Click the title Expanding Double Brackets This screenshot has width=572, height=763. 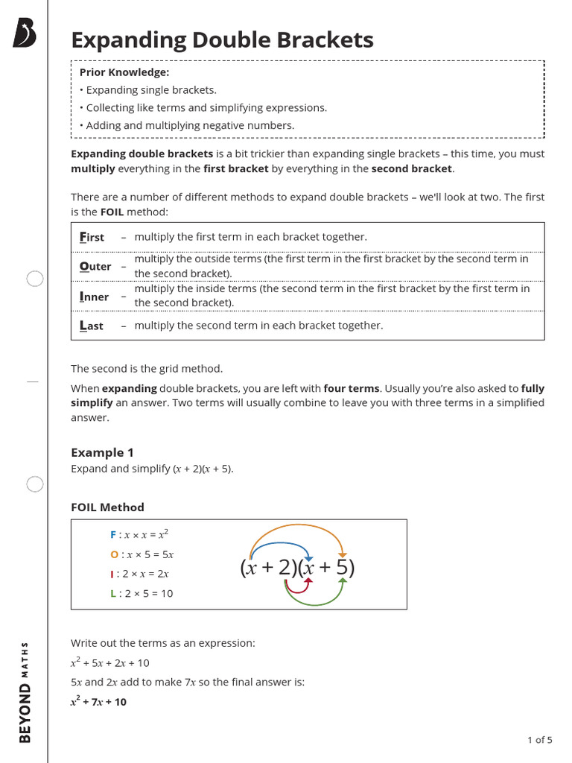[222, 40]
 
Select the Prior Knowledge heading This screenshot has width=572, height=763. [124, 72]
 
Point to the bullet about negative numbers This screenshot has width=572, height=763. [189, 125]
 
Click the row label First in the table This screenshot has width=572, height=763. [92, 237]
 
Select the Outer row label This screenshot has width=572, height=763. [95, 266]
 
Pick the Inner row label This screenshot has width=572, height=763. [94, 297]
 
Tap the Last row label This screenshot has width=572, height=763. [92, 326]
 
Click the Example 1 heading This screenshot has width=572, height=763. [102, 452]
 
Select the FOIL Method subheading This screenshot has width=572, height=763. [107, 507]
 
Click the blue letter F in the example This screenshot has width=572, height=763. [113, 535]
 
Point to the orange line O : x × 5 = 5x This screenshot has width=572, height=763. [142, 554]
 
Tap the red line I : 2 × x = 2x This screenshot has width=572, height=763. [139, 574]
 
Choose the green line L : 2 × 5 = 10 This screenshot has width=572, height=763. [142, 593]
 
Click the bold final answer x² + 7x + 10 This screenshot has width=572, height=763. [98, 702]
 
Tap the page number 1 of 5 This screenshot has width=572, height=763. [539, 740]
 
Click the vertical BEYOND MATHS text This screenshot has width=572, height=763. [25, 691]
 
